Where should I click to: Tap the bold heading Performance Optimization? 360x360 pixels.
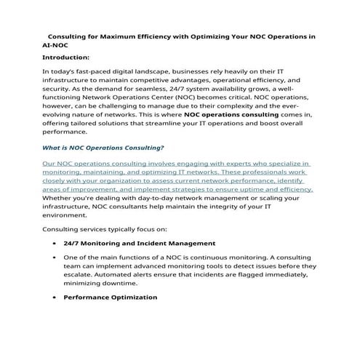(111, 297)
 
